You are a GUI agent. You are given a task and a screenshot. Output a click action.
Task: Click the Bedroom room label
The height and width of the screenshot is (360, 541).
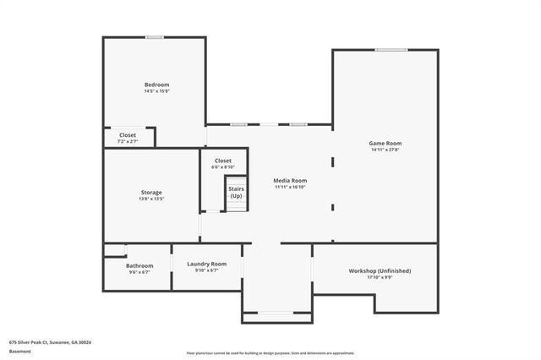(x=156, y=85)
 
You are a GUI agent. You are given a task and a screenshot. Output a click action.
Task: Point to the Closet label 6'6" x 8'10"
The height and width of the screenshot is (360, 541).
(x=223, y=161)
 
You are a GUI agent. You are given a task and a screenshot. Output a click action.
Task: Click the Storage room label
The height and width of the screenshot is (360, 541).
(x=151, y=193)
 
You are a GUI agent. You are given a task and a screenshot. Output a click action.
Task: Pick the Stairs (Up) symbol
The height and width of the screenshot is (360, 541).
(x=236, y=193)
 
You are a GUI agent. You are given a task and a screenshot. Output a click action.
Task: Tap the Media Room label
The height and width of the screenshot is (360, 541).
(x=290, y=181)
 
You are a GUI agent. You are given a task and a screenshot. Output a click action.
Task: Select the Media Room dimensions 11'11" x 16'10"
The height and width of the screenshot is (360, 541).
(x=290, y=188)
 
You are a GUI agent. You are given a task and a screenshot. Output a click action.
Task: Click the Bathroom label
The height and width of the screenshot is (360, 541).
(x=139, y=266)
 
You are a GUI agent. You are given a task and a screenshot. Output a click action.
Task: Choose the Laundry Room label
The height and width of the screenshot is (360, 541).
(x=206, y=264)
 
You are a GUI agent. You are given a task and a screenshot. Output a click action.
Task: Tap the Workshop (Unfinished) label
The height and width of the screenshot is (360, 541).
(x=380, y=270)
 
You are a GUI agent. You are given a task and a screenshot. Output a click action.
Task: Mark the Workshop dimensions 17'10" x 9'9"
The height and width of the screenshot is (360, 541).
(x=380, y=277)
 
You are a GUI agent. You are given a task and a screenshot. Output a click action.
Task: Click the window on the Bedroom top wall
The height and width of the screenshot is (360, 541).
(x=154, y=37)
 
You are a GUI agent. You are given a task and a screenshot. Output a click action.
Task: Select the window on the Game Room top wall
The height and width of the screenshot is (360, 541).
(x=391, y=50)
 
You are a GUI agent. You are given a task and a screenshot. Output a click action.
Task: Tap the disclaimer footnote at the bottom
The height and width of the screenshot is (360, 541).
(x=270, y=352)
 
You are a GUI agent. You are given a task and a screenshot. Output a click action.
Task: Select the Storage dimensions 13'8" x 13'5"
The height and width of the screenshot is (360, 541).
(x=151, y=199)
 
